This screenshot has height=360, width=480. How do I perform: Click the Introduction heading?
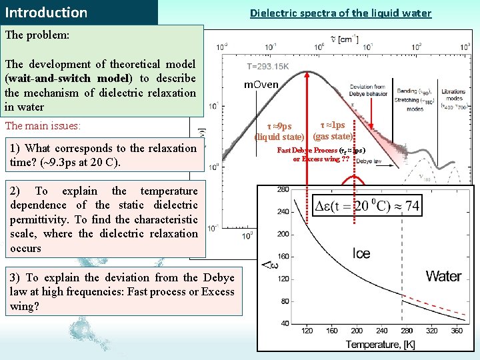[x=46, y=13]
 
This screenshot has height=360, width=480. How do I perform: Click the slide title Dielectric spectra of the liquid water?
[x=340, y=13]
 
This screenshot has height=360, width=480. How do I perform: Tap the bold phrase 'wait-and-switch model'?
[x=69, y=78]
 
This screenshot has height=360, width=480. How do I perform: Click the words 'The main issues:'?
[x=43, y=125]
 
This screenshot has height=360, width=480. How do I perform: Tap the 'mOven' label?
[x=261, y=85]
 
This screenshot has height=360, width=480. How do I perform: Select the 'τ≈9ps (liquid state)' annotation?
[x=279, y=131]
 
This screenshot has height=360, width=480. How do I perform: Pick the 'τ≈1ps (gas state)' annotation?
[x=333, y=131]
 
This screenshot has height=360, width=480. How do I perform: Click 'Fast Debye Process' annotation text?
[x=307, y=150]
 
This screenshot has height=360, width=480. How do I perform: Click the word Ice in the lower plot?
[x=362, y=253]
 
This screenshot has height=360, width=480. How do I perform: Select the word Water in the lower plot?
[x=443, y=276]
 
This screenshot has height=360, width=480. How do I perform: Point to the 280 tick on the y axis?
[x=283, y=190]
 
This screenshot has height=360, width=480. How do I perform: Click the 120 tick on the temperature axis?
[x=307, y=331]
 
